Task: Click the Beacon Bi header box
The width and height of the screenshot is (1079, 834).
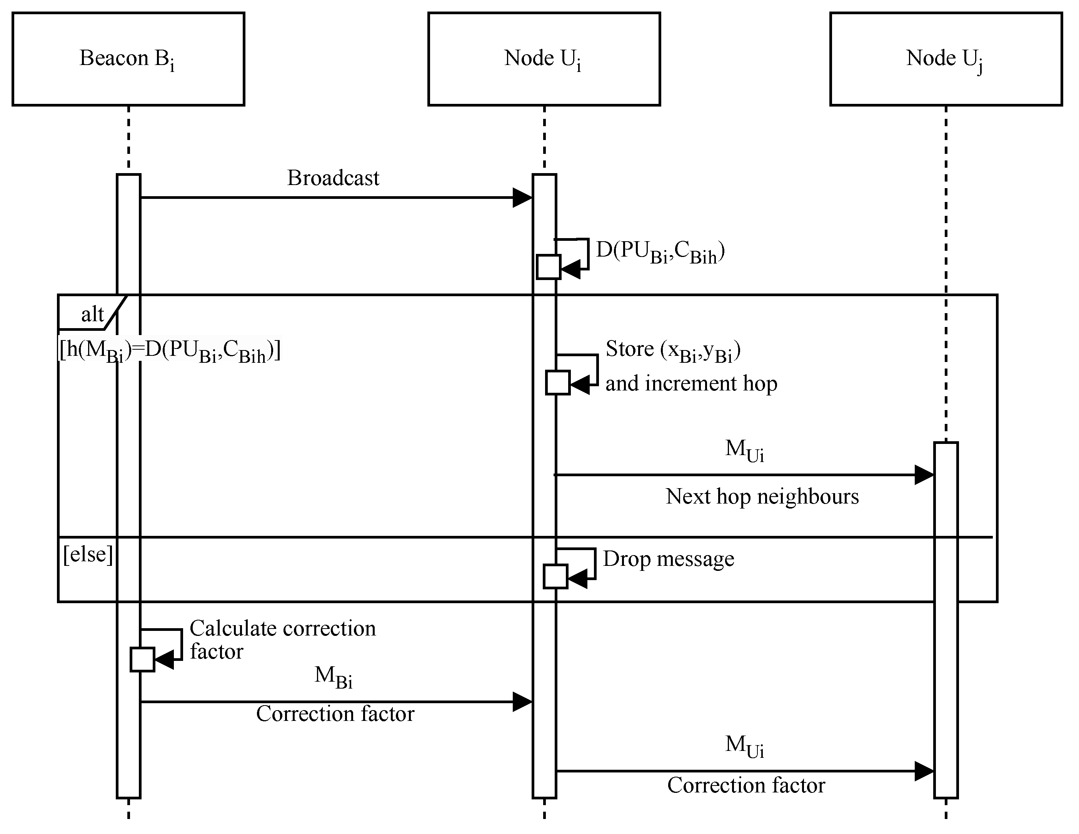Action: [128, 59]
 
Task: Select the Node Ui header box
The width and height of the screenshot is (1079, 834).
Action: [544, 59]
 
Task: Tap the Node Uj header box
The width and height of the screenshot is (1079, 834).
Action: [946, 59]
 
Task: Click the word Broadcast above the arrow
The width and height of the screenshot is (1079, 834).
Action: [333, 178]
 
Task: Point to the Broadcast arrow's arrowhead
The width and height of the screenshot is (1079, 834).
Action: [523, 198]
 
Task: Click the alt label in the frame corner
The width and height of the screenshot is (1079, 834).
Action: [92, 314]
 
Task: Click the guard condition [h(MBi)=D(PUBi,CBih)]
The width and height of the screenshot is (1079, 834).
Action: [170, 351]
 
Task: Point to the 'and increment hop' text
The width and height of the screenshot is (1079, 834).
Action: [691, 384]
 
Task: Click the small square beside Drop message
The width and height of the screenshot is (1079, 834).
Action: [555, 577]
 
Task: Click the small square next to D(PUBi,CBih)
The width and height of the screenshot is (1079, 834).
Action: [549, 267]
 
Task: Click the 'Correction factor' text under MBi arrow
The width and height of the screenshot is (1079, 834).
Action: [335, 714]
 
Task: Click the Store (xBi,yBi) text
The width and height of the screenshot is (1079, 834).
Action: [673, 350]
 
